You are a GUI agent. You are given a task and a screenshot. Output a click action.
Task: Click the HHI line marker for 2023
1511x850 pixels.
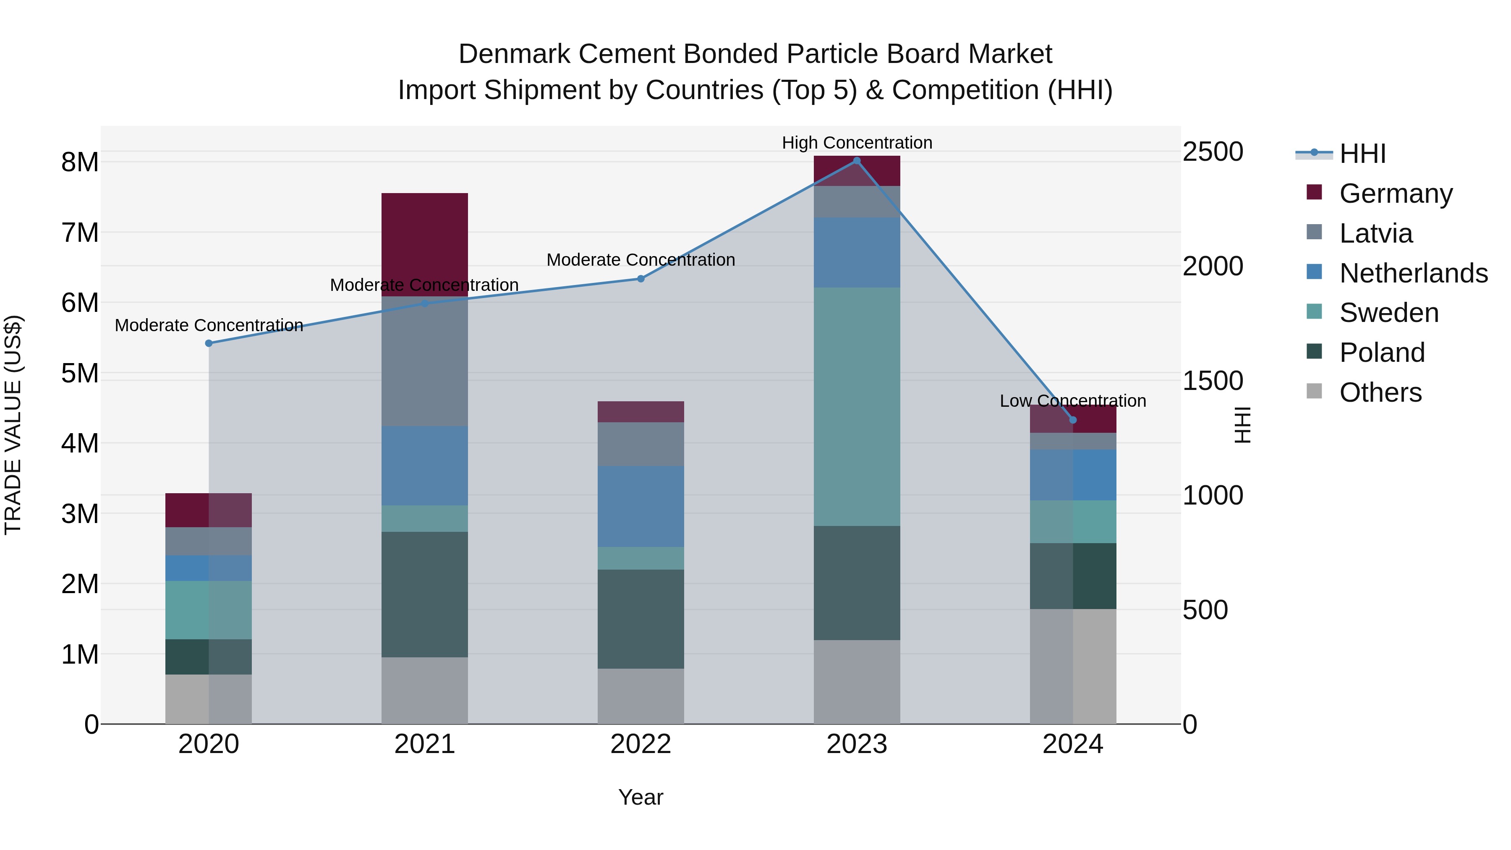(856, 161)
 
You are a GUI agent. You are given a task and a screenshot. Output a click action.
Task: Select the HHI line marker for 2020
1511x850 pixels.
(209, 343)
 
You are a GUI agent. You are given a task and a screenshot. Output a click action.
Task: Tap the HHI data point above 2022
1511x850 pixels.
(640, 279)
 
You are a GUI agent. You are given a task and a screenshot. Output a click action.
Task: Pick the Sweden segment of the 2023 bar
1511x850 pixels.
(856, 406)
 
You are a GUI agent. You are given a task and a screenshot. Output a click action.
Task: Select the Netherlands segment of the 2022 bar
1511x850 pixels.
(640, 506)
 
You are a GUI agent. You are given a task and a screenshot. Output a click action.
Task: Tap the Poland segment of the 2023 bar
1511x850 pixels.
(856, 583)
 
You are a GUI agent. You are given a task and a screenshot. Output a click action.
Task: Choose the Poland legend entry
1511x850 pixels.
(1381, 353)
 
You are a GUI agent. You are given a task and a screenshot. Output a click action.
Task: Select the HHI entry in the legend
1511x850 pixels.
(1362, 154)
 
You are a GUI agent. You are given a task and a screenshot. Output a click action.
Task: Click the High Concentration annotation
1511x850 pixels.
(856, 143)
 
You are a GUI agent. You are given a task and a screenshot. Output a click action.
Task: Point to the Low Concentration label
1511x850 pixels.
(1072, 401)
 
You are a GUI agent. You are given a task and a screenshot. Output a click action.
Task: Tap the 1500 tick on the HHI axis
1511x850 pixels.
(1212, 381)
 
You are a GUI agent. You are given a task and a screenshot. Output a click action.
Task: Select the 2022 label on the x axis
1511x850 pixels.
(640, 744)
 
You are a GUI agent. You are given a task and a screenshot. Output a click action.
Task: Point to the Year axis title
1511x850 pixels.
(640, 797)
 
